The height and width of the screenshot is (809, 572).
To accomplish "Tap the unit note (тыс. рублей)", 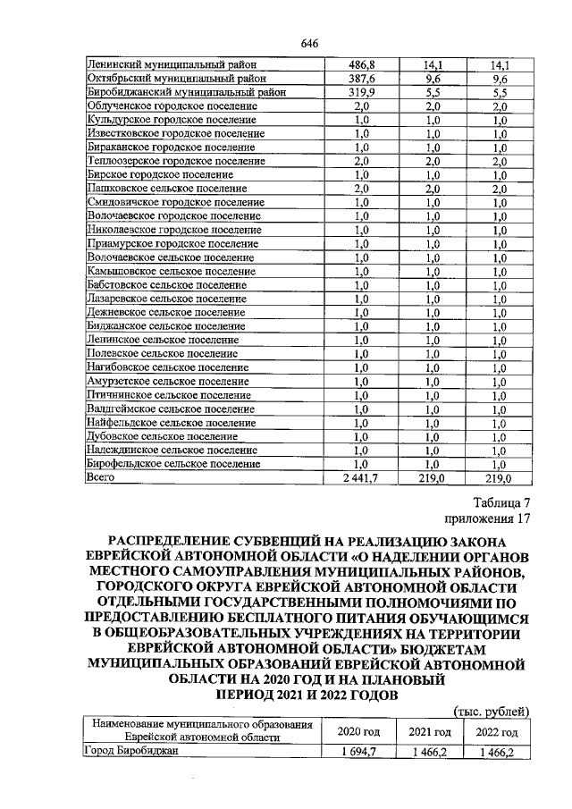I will [x=492, y=712].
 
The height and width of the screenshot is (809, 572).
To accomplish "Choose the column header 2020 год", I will [x=358, y=731].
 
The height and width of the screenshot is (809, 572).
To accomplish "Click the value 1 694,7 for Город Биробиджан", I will [x=362, y=753].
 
